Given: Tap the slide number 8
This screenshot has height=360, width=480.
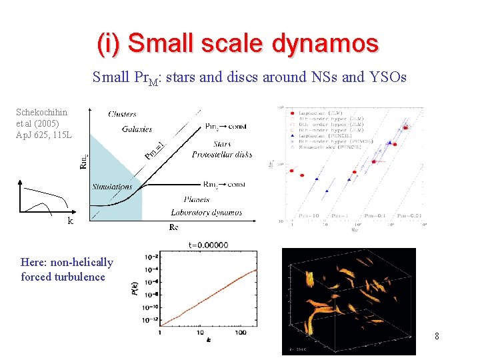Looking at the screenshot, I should click(x=437, y=336).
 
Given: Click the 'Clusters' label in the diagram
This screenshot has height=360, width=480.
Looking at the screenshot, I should click(x=122, y=114).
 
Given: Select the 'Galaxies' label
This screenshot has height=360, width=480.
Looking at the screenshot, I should click(x=137, y=129).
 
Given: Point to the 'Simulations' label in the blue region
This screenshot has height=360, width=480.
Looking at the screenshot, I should click(x=112, y=187).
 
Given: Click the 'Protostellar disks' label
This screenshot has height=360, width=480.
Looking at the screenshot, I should click(x=222, y=155).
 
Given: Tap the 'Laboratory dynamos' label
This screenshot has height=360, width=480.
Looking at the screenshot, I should click(x=206, y=213).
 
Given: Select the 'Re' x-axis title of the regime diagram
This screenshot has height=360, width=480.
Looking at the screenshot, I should click(x=174, y=227).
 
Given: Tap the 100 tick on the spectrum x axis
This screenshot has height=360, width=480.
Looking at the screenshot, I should click(x=240, y=331).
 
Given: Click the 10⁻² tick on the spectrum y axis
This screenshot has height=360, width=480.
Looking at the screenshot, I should click(x=152, y=257).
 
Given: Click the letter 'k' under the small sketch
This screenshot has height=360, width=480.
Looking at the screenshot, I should click(x=70, y=221).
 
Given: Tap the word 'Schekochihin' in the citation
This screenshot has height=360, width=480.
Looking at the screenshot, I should click(x=41, y=112).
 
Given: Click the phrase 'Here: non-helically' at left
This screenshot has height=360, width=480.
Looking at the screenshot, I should click(x=67, y=262).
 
